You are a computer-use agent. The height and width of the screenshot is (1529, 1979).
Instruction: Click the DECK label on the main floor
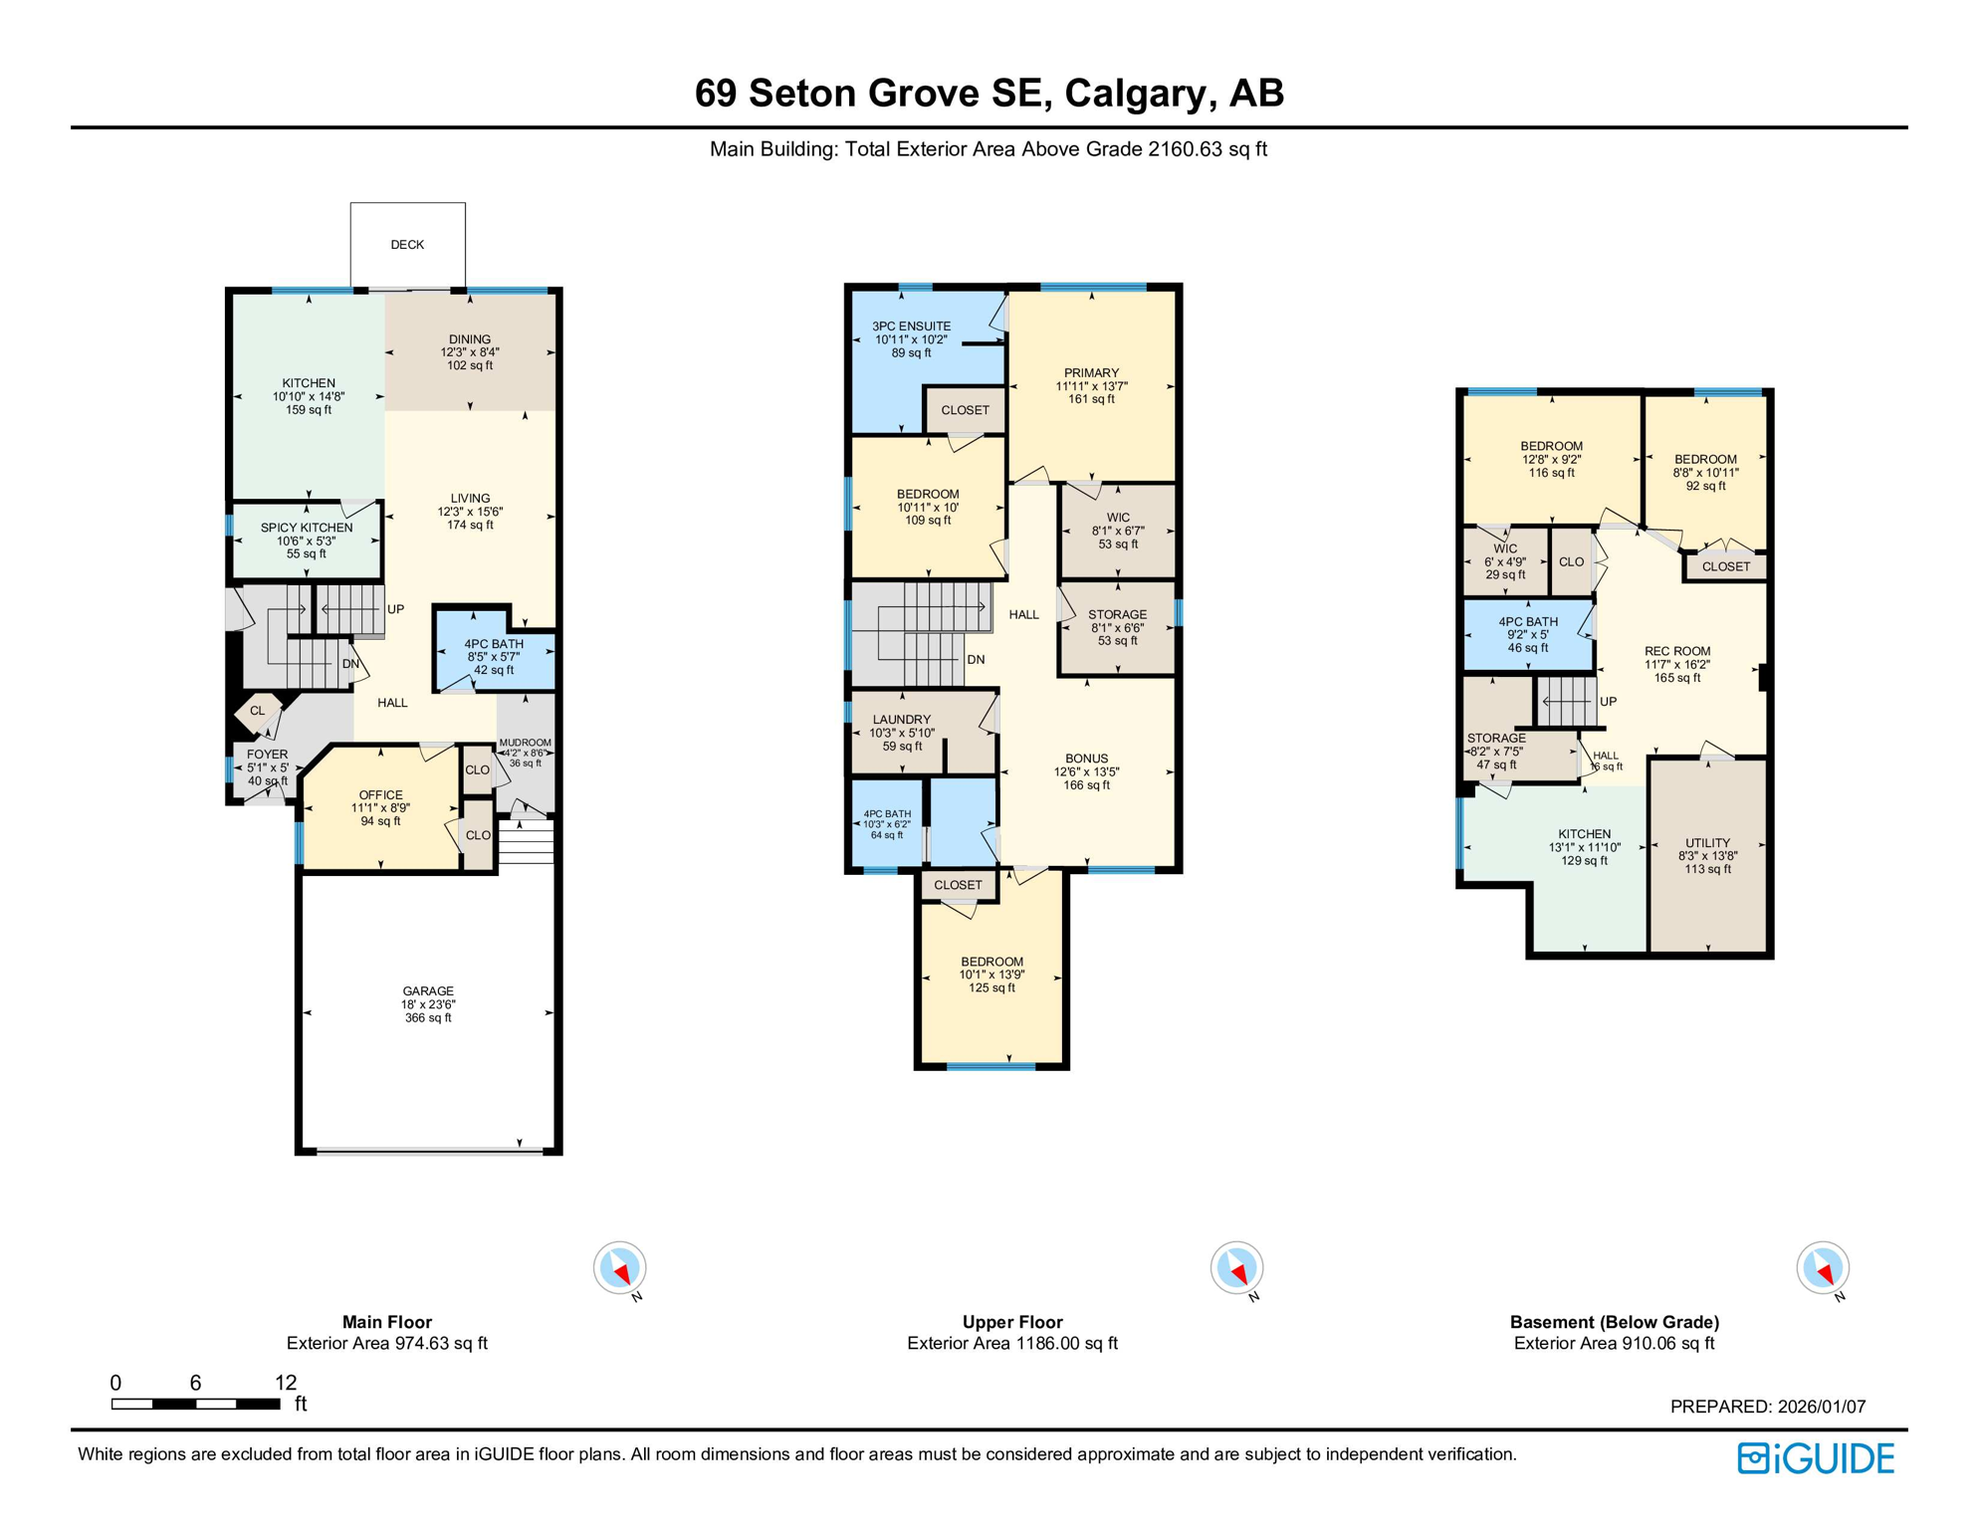point(407,245)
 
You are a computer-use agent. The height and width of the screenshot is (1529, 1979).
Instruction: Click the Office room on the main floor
point(381,807)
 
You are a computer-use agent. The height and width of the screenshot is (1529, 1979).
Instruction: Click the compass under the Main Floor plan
point(620,1268)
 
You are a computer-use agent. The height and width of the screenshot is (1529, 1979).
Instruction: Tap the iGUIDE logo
point(1816,1458)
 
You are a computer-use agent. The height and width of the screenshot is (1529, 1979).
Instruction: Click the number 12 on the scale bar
point(286,1382)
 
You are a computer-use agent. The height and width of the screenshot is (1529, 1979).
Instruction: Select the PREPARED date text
point(1767,1407)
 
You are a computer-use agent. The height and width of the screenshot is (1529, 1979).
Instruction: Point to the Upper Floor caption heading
point(1011,1322)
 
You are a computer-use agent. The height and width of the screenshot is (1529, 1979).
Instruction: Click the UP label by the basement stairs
point(1608,702)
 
